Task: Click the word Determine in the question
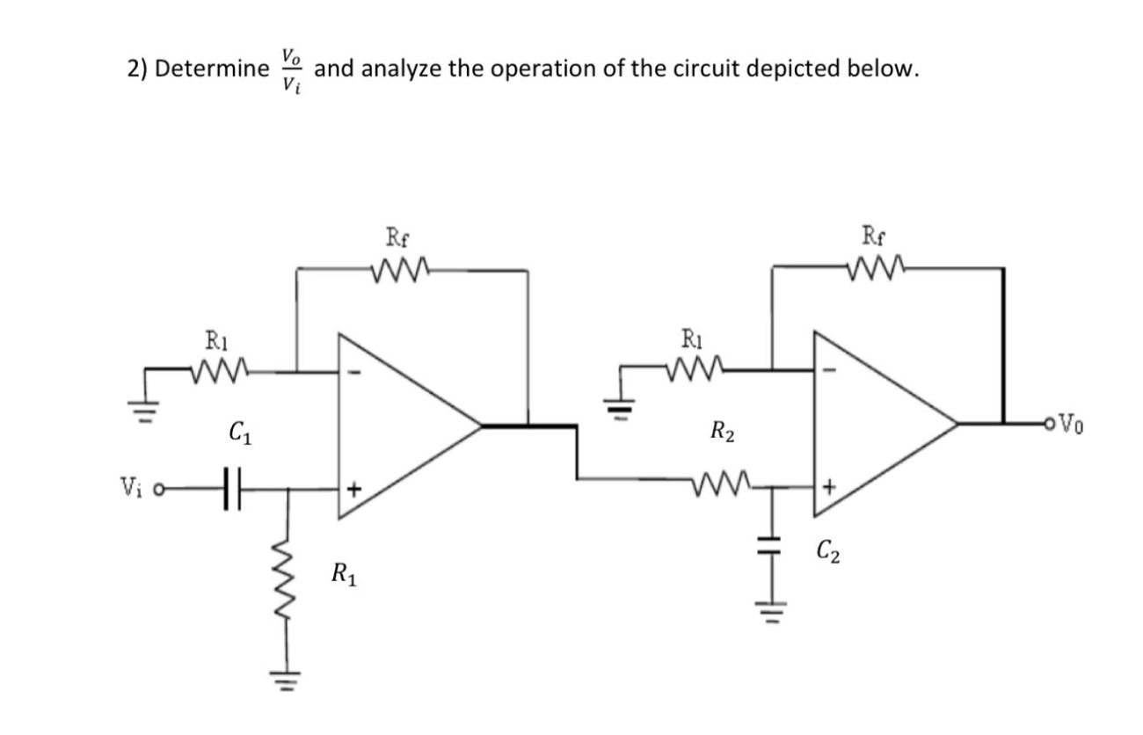click(212, 69)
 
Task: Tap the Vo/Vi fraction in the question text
click(291, 69)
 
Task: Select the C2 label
click(826, 553)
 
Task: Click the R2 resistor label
click(722, 432)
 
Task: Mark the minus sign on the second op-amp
click(831, 370)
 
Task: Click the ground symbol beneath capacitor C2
click(773, 606)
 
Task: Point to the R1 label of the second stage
click(694, 337)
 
